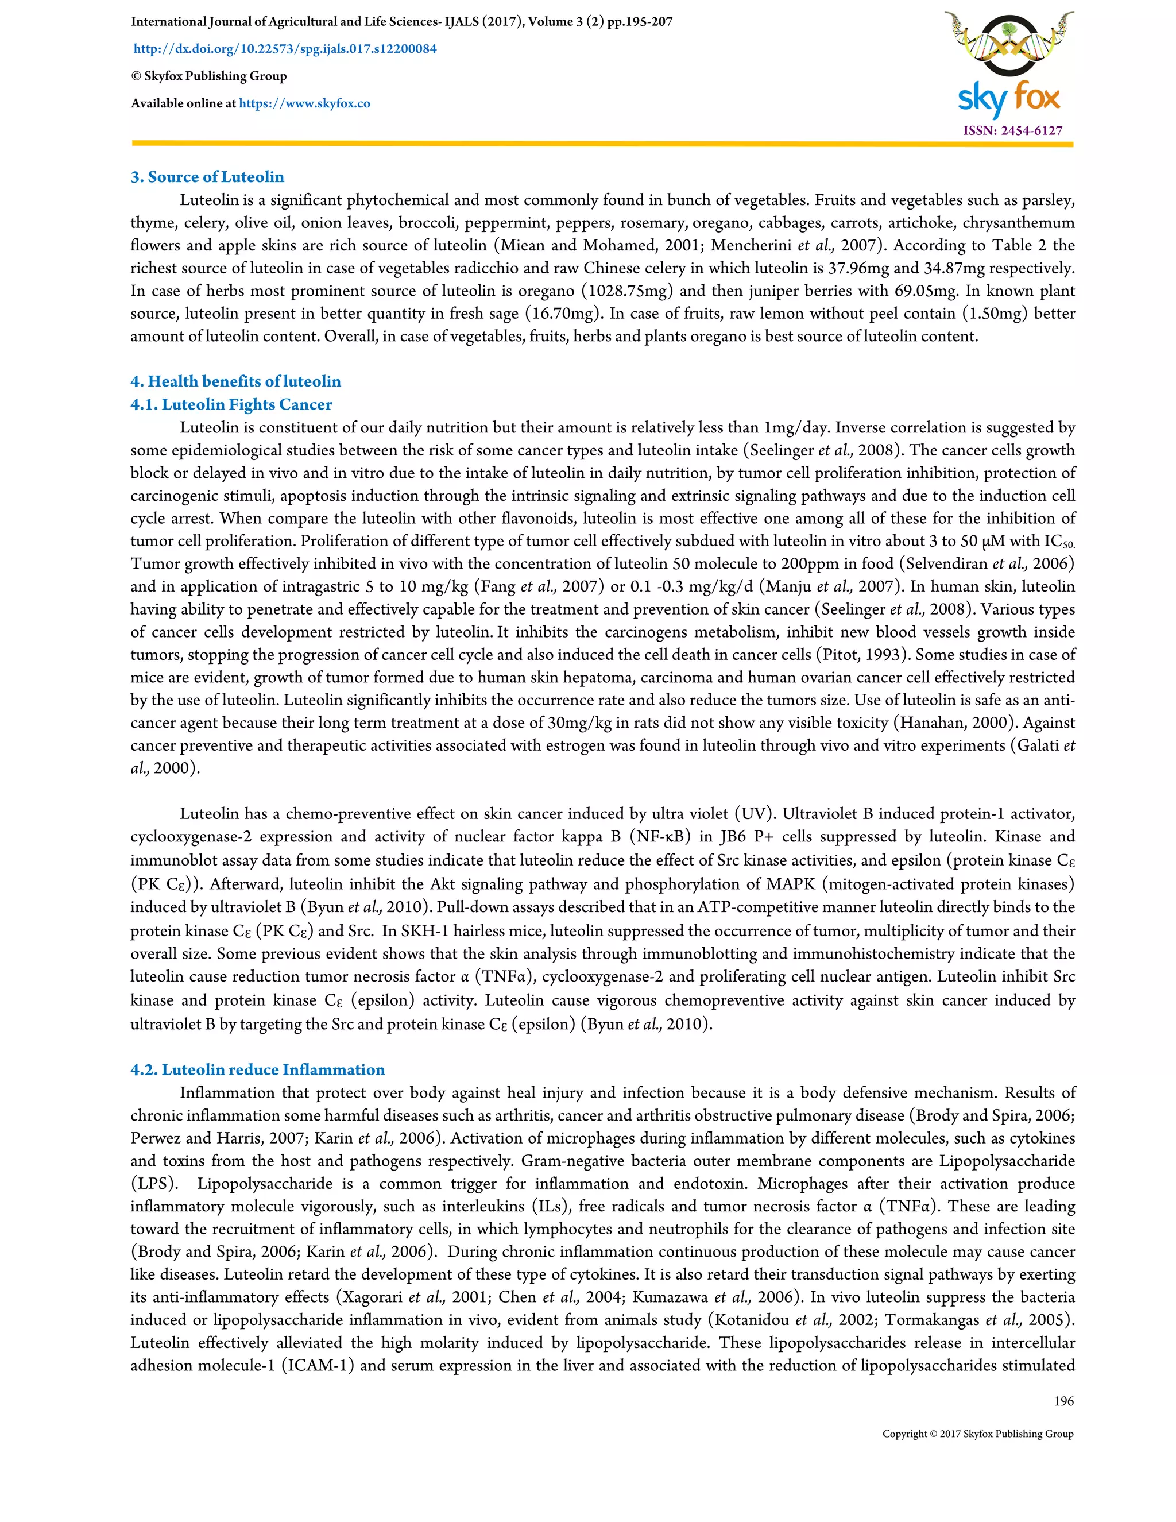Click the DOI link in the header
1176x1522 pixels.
285,49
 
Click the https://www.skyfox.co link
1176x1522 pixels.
304,103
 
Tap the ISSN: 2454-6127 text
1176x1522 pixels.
1012,130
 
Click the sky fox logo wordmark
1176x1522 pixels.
1009,99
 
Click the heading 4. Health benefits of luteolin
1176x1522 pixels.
235,381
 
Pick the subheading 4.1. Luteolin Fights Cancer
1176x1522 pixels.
231,404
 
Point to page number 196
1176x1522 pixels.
1063,1401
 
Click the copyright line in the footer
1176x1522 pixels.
977,1434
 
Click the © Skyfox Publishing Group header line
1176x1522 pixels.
208,76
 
